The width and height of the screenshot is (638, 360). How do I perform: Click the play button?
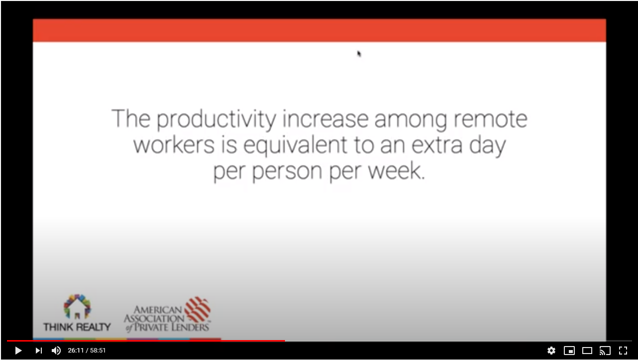tap(18, 351)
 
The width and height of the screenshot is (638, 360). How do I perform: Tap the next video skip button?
tap(39, 351)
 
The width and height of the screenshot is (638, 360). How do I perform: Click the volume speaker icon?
tap(56, 351)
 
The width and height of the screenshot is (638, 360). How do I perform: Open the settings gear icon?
tap(551, 351)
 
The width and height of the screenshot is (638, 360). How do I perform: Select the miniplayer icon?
tap(569, 351)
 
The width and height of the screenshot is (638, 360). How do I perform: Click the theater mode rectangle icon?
tap(587, 351)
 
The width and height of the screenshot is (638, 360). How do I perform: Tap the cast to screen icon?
tap(605, 351)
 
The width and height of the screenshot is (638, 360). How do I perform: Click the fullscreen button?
tap(623, 351)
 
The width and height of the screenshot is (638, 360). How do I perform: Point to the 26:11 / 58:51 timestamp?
tap(87, 351)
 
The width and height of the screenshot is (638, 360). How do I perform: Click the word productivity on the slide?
tap(216, 120)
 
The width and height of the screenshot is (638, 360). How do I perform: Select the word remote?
tap(491, 119)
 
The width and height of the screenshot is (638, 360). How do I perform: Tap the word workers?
tap(174, 145)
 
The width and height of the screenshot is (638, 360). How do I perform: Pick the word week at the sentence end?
tap(397, 171)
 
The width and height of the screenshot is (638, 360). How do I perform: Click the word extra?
tap(437, 145)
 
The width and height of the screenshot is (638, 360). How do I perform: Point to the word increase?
tap(325, 119)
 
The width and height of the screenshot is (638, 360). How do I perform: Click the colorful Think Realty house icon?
tap(77, 307)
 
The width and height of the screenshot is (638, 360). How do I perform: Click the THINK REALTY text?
tap(77, 327)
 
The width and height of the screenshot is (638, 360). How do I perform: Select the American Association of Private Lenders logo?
tap(168, 315)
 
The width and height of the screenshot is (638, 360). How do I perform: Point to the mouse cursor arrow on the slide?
tap(359, 54)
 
